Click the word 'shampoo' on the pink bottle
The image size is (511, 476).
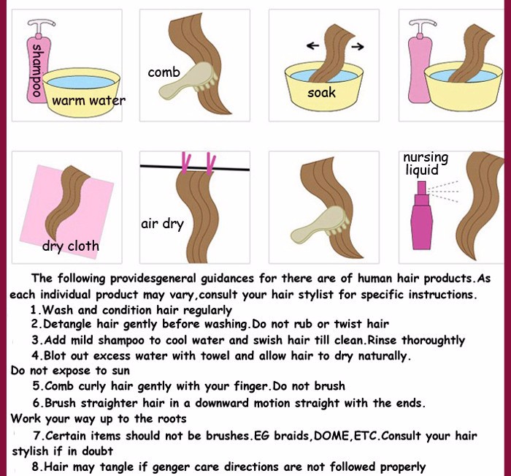36,70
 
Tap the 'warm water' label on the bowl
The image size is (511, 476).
88,101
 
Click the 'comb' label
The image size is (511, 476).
164,72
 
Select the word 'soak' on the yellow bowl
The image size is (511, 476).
321,93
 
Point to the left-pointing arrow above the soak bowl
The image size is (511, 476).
313,45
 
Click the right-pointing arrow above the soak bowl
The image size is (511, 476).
358,47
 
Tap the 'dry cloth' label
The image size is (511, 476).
71,246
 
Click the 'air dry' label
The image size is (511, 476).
162,224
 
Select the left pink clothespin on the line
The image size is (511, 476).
185,162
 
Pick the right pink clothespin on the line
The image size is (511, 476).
211,163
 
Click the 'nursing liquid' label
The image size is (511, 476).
426,163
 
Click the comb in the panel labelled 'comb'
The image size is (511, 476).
188,80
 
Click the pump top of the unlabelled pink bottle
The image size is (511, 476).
423,26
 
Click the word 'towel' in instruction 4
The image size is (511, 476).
216,355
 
